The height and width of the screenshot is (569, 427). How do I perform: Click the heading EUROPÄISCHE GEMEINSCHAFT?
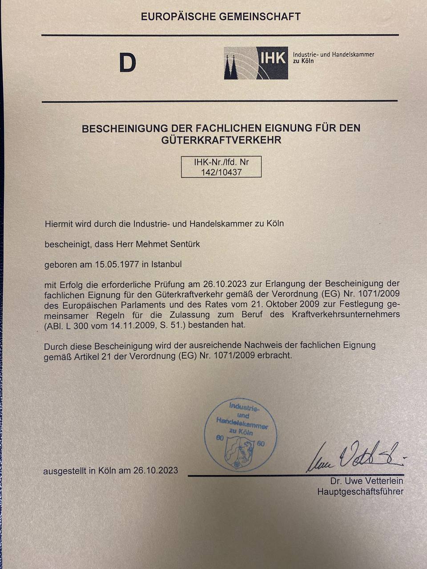tap(221, 17)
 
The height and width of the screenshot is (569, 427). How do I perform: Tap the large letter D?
tap(127, 64)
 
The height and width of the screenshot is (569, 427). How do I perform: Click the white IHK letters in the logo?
tap(273, 58)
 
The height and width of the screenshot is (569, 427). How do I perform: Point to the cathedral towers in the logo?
tap(230, 68)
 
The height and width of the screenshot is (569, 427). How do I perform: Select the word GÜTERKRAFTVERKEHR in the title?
tap(221, 140)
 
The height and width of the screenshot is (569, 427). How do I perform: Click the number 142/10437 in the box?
tap(221, 172)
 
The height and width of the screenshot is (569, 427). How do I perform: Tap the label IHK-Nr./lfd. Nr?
tap(221, 162)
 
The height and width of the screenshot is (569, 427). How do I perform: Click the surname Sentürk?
tap(184, 244)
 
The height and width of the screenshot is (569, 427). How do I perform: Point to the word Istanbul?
tap(166, 264)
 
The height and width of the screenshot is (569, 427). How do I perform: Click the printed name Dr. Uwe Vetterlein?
tap(367, 481)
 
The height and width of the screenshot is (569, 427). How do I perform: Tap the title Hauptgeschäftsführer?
tap(360, 492)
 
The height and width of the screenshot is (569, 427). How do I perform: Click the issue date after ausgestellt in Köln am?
tap(156, 470)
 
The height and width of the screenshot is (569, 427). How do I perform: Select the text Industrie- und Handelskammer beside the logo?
tap(333, 55)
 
